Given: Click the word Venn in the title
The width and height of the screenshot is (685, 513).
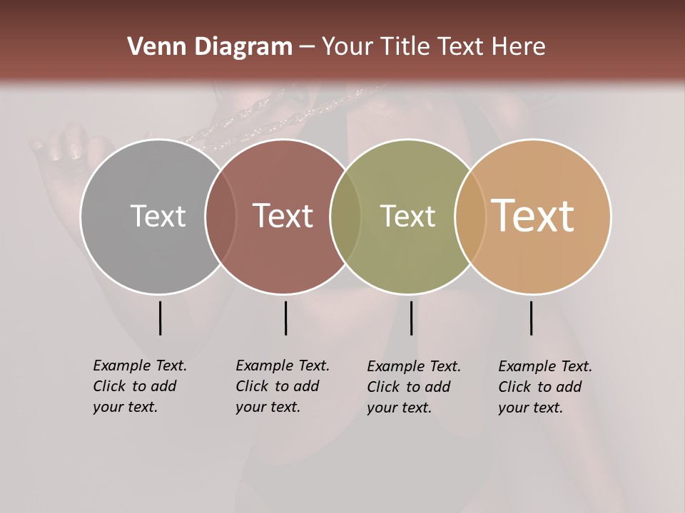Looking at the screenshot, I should (x=151, y=47).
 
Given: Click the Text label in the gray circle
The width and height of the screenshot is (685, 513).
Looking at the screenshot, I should (x=158, y=216).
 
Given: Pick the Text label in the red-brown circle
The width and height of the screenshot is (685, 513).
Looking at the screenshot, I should (x=283, y=216).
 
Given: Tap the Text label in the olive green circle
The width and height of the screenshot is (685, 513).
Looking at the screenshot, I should (x=407, y=216).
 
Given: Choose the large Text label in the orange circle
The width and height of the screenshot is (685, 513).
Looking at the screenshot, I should (x=533, y=216).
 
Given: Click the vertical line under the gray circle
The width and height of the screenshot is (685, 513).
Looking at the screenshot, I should (x=160, y=318).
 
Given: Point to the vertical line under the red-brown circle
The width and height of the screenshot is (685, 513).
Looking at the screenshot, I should (x=285, y=318).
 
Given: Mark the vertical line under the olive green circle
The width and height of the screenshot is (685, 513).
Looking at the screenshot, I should (x=411, y=318).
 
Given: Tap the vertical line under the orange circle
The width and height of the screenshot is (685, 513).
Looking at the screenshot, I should (x=531, y=318).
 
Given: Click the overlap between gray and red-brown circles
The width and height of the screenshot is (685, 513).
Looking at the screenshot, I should (x=220, y=217).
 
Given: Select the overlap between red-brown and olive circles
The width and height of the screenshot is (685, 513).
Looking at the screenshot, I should (x=345, y=217).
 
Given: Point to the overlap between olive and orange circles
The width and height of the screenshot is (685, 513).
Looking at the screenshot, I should (x=470, y=217).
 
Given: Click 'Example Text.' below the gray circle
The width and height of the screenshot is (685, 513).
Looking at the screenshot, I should (x=140, y=366).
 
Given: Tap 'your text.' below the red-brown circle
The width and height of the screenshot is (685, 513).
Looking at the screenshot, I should (x=268, y=407).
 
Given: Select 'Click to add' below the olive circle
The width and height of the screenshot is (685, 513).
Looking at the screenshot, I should (x=409, y=387).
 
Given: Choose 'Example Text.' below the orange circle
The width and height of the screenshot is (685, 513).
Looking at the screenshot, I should (x=545, y=366).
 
